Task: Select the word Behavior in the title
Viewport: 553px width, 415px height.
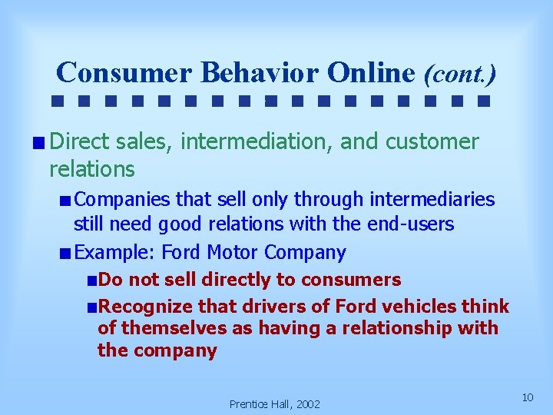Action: click(x=260, y=72)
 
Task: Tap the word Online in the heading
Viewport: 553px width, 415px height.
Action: click(x=371, y=72)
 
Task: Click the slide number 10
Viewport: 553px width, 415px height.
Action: click(x=527, y=397)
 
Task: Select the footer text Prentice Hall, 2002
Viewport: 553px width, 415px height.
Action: click(x=275, y=403)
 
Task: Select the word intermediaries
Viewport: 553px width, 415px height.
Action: click(x=432, y=200)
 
